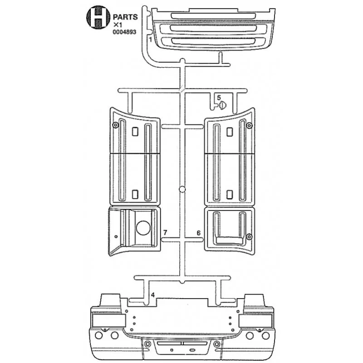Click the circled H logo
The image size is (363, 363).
click(98, 17)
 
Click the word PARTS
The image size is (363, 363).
click(125, 17)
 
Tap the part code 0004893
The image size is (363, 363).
click(124, 32)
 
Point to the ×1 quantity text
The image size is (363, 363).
click(118, 25)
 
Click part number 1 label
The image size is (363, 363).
click(150, 39)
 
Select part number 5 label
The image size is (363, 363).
click(219, 98)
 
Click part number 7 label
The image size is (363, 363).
click(165, 232)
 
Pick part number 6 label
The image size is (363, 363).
click(198, 233)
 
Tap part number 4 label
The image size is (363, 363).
click(152, 294)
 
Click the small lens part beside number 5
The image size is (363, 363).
click(222, 105)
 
